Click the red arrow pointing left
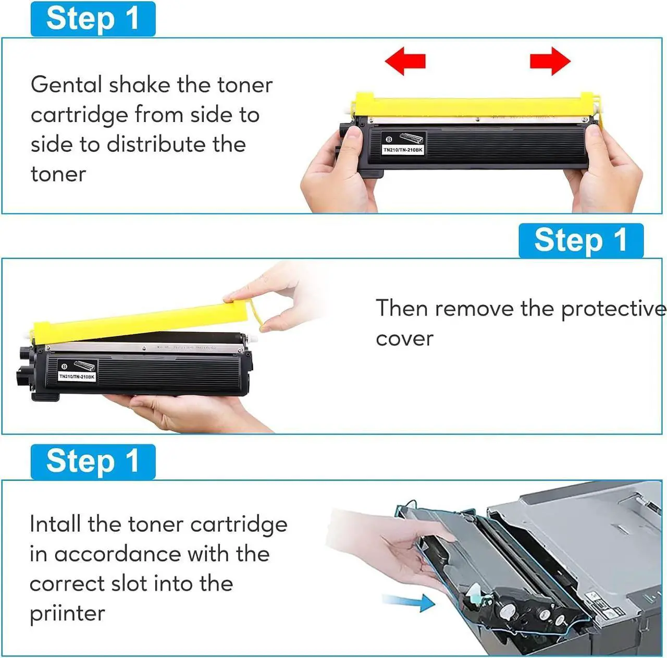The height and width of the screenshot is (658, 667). click(x=405, y=61)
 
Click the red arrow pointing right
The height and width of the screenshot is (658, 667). click(x=550, y=61)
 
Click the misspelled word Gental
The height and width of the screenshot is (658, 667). click(x=66, y=85)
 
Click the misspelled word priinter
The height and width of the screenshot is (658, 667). click(x=67, y=613)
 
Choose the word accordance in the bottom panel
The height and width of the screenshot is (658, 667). click(x=118, y=554)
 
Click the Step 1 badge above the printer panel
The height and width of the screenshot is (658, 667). click(x=93, y=461)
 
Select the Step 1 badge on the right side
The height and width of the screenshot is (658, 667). click(x=581, y=240)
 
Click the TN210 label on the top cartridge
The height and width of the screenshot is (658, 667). click(x=403, y=150)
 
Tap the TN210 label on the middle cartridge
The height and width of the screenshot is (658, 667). click(x=77, y=376)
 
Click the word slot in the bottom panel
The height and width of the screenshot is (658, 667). click(x=129, y=583)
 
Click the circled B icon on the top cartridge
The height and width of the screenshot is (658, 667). click(x=389, y=139)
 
